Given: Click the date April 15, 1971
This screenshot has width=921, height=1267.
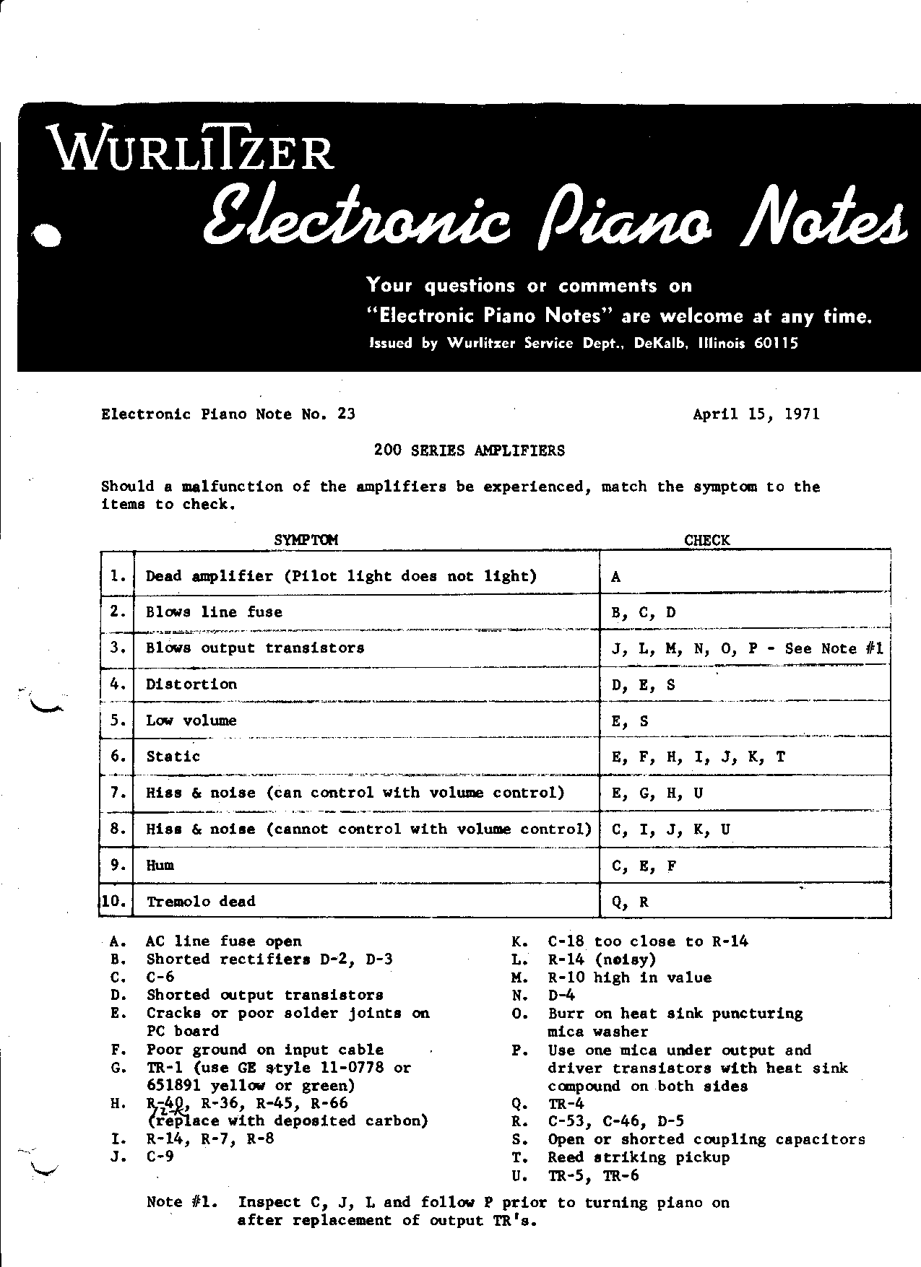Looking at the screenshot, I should pos(756,414).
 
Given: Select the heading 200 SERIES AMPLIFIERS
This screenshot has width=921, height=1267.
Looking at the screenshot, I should pos(469,450).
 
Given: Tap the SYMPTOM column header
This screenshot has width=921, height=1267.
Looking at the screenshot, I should pos(306,540).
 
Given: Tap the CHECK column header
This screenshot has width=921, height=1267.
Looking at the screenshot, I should pos(706,540).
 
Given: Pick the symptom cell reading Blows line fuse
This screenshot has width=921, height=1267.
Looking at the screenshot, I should pos(214,612).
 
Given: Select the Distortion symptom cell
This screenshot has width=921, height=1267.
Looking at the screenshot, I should pos(191,684).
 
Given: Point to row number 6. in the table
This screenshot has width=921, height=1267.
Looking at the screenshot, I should pos(118,757).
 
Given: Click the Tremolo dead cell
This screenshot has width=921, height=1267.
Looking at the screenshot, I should pos(201,902).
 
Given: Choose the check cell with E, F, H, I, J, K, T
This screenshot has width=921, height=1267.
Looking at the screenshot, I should pos(698,757).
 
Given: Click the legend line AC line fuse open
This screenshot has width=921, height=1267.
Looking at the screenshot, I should pos(223,941).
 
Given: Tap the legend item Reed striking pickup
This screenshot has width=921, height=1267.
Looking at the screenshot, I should pos(639,1157).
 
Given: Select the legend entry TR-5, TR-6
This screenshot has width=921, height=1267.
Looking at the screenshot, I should pos(593,1175).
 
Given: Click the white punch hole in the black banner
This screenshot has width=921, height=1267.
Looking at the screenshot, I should pos(48,236).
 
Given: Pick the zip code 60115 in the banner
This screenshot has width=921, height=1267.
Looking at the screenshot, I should pos(776,344).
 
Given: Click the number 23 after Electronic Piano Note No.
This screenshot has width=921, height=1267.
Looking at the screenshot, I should pos(346,414).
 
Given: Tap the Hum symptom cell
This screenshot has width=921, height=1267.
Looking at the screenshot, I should pos(160,865).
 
